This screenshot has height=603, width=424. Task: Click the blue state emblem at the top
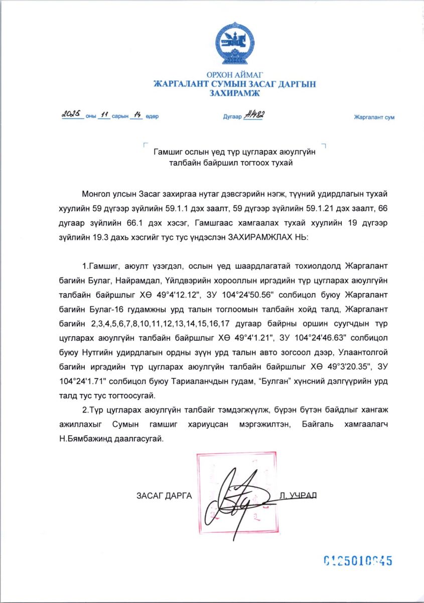tap(235, 43)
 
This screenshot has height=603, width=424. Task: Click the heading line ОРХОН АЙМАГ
tap(235, 75)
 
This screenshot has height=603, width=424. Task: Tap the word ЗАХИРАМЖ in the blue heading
tap(235, 93)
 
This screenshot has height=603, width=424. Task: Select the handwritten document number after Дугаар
tap(254, 115)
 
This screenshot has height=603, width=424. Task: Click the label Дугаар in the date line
tap(232, 117)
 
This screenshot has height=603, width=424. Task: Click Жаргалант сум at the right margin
tap(374, 117)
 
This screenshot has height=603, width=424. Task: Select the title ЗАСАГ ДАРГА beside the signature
tap(164, 495)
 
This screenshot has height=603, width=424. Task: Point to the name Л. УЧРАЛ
tap(298, 495)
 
